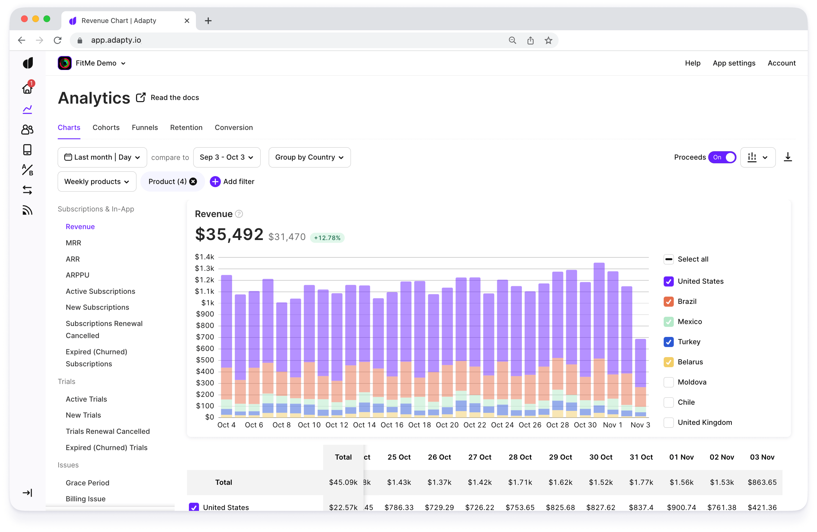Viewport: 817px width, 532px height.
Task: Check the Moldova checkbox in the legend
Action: [668, 382]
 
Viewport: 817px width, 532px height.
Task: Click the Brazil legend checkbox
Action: [668, 301]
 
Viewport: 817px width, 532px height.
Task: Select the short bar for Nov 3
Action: [640, 377]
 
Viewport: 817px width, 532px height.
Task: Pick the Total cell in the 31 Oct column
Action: [641, 482]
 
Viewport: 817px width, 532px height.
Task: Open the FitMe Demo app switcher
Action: [92, 63]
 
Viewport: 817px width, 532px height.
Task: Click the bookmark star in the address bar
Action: [548, 40]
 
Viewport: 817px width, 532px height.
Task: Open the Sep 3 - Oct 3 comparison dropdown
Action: [227, 157]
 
